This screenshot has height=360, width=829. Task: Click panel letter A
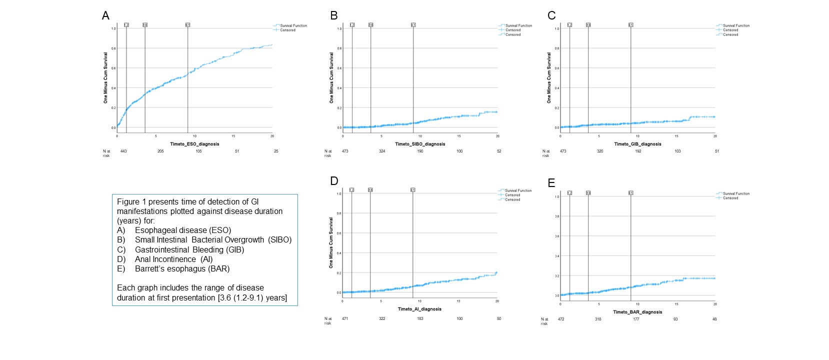(105, 15)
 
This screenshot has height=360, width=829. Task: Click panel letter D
(334, 181)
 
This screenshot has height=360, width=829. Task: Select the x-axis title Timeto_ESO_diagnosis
(194, 144)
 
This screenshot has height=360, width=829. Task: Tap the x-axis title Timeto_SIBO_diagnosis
(420, 144)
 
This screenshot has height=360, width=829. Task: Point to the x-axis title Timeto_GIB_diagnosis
(637, 144)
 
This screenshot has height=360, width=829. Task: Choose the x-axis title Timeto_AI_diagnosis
(419, 309)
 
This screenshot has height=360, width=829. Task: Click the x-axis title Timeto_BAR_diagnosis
(637, 312)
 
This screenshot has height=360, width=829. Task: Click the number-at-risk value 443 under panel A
(123, 151)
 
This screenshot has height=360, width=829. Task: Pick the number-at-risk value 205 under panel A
(160, 151)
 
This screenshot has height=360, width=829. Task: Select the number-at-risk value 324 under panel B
(382, 151)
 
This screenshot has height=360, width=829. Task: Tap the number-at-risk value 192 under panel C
(638, 151)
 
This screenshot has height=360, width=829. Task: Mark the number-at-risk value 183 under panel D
(420, 318)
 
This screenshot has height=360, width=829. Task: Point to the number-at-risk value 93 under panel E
(675, 319)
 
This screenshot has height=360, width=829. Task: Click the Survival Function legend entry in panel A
(293, 25)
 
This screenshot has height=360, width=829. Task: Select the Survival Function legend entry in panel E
(736, 193)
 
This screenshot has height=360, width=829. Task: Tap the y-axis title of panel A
(105, 77)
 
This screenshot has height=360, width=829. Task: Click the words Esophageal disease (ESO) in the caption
(182, 230)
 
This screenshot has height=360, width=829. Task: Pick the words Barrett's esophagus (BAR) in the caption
(182, 269)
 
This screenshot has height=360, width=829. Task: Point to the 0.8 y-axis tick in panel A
(113, 48)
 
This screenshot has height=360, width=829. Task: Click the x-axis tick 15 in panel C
(676, 136)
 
